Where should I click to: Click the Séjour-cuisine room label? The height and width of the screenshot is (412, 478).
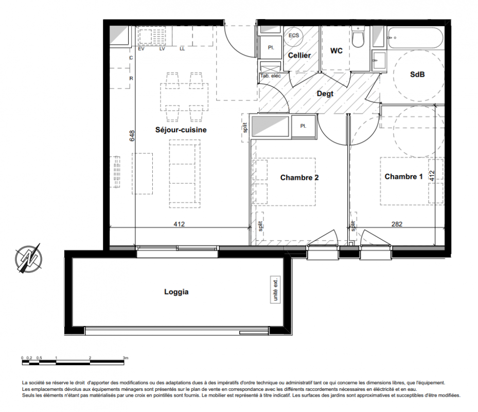[x=181, y=130]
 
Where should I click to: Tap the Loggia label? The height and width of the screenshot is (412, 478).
[x=176, y=292]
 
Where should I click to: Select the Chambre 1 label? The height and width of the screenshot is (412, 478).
[x=403, y=177]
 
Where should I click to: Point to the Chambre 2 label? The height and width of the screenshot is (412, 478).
[x=299, y=177]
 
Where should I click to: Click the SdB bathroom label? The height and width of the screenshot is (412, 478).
[x=417, y=74]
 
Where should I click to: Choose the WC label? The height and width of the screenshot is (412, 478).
[x=336, y=50]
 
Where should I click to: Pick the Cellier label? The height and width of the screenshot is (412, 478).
[x=299, y=55]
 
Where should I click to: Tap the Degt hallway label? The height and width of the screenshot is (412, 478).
[x=325, y=94]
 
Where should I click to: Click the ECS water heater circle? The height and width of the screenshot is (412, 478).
[x=294, y=36]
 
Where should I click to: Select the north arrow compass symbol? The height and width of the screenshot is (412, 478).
[x=28, y=259]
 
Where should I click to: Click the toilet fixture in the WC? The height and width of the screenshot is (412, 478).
[x=358, y=37]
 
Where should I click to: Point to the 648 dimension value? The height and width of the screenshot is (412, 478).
[x=132, y=136]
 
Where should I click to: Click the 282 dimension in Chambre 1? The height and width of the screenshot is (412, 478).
[x=397, y=224]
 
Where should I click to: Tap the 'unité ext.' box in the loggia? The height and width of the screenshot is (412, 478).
[x=275, y=290]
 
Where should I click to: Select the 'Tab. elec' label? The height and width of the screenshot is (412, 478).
[x=271, y=76]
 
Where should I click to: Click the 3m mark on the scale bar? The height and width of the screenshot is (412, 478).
[x=126, y=358]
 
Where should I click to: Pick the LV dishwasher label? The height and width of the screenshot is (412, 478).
[x=162, y=49]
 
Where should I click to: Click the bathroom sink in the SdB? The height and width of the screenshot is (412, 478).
[x=379, y=61]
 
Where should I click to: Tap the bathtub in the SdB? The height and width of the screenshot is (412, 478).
[x=416, y=38]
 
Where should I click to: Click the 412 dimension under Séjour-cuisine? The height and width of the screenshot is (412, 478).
[x=179, y=224]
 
